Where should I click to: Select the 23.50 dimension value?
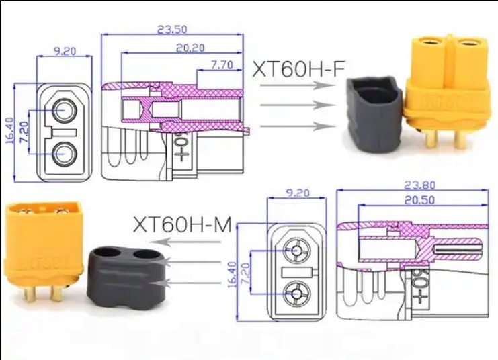(x=171, y=29)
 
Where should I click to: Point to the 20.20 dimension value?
(x=190, y=48)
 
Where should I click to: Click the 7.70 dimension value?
(x=222, y=65)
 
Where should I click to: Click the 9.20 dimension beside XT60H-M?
(x=298, y=193)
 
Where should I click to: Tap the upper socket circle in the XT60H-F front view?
(x=65, y=110)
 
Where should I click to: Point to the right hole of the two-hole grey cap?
(x=146, y=254)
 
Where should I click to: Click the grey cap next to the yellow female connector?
(x=373, y=114)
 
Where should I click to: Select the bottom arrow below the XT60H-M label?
(x=195, y=283)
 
